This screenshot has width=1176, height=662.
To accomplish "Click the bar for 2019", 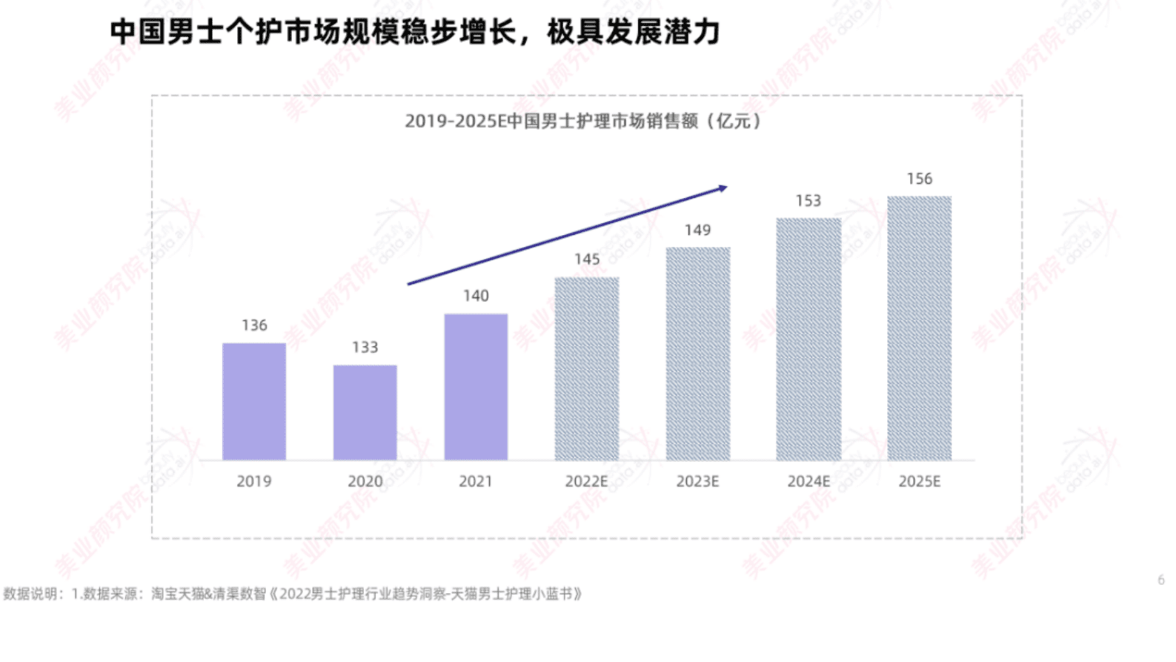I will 254,401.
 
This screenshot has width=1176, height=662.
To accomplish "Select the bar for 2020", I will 365,412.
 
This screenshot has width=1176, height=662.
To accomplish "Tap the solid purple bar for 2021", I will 476,386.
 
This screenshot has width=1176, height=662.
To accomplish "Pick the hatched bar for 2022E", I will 586,368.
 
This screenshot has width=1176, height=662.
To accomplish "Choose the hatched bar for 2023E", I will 697,354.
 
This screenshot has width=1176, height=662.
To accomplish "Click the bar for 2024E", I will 808,339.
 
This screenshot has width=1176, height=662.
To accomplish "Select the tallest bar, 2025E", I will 919,328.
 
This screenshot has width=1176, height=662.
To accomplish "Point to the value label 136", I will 254,325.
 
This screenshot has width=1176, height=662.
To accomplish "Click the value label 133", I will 365,348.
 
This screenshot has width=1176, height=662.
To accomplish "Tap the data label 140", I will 476,296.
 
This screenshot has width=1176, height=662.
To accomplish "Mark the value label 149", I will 697,230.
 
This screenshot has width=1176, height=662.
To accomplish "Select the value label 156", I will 919,179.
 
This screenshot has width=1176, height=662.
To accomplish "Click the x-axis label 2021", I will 476,482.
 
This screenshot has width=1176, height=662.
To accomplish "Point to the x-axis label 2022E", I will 586,482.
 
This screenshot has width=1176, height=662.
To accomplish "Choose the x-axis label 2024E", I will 808,482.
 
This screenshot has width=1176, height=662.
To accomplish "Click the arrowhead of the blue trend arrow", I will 722,188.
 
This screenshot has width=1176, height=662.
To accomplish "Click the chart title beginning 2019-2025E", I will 583,121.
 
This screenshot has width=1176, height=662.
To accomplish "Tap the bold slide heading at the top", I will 415,32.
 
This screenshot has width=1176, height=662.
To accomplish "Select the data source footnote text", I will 293,594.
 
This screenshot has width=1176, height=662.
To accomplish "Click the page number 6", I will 1161,580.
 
